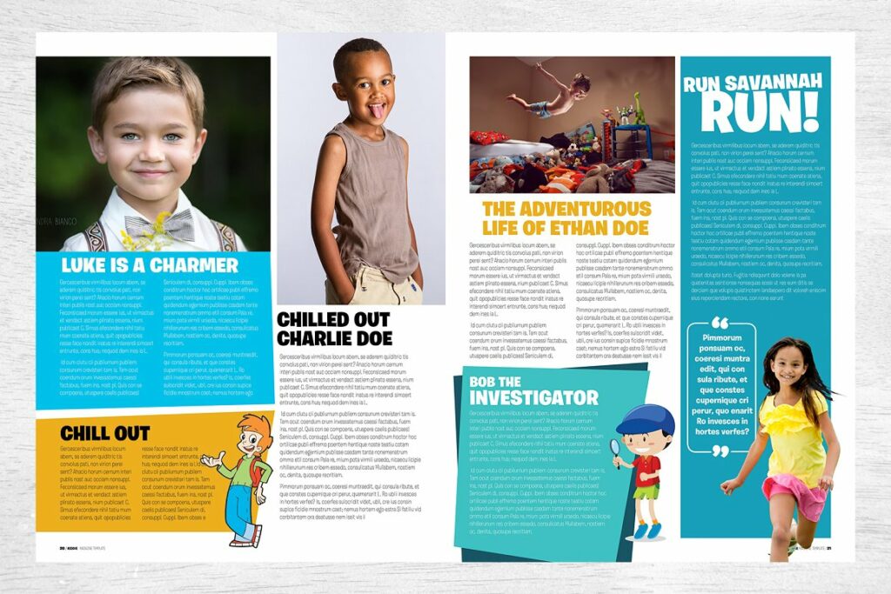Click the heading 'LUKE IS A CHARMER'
149,265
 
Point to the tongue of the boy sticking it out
376,110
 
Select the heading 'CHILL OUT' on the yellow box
104,433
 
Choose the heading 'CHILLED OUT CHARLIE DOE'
333,330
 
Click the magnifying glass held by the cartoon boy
615,448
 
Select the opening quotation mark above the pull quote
719,323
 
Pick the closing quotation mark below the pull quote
720,451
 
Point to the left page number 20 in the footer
63,548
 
